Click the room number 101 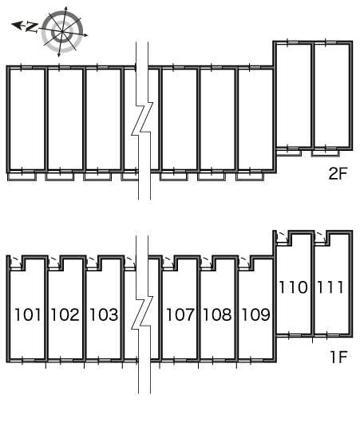click(28, 314)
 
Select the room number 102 click(65, 314)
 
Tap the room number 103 click(104, 314)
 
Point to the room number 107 click(180, 314)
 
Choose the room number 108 click(217, 314)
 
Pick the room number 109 click(256, 314)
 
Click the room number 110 click(293, 287)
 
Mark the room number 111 click(330, 287)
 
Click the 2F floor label click(338, 173)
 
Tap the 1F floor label click(338, 357)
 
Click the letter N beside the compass click(32, 27)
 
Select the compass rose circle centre click(62, 32)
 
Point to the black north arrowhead click(17, 26)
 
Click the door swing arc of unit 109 click(246, 260)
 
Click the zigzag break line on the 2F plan click(142, 119)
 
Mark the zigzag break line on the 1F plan click(142, 313)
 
